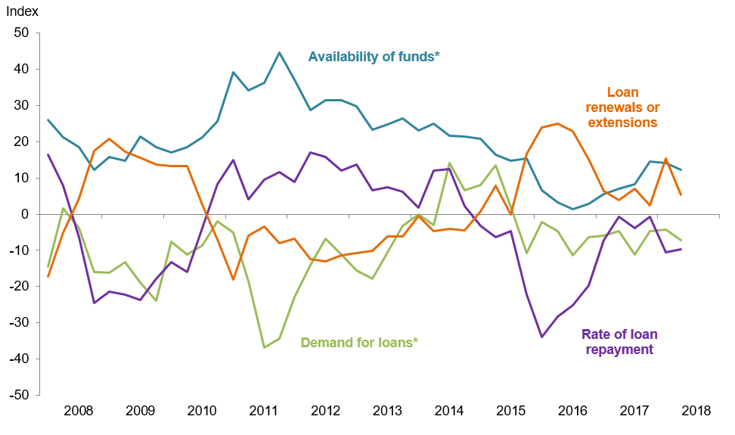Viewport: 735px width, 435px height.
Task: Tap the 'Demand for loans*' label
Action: click(x=359, y=342)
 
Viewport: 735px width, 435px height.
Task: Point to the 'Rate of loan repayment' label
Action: click(x=619, y=342)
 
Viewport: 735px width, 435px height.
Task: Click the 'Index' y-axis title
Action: click(x=22, y=12)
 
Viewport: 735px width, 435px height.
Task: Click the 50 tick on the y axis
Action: click(x=20, y=33)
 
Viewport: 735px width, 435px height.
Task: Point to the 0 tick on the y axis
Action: click(x=24, y=215)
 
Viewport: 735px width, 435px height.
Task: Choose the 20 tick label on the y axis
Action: click(x=20, y=142)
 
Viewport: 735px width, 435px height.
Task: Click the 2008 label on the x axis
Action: click(x=79, y=412)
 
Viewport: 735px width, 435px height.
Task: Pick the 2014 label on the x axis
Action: click(x=449, y=412)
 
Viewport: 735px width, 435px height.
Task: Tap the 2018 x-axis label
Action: click(x=696, y=412)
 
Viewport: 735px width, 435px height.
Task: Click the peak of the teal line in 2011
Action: click(x=279, y=53)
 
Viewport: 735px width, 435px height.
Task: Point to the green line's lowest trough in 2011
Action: click(x=264, y=347)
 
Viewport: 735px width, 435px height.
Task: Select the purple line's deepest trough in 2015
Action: click(x=541, y=337)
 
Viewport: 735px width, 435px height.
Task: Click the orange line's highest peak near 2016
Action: click(x=557, y=123)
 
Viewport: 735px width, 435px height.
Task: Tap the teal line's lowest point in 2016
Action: click(x=573, y=210)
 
